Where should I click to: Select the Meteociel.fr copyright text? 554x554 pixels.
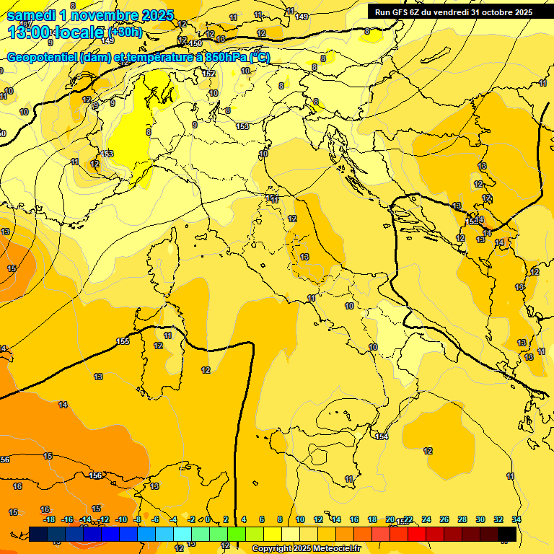306,549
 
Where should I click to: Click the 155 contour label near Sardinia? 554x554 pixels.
123,341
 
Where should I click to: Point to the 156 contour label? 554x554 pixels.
96,475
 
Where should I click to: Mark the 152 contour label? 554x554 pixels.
208,74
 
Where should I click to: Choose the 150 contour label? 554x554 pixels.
195,44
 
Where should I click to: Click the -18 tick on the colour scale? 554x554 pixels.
49,519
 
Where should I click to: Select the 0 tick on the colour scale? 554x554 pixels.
208,519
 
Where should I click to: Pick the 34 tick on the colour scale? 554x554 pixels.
516,519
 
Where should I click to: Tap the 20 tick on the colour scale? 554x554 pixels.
390,519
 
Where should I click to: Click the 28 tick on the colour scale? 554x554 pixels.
462,519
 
